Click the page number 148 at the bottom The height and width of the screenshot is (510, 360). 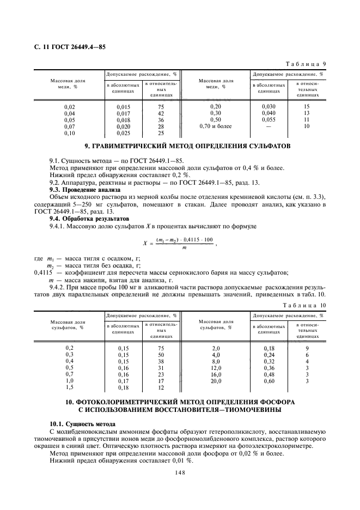pos(180,473)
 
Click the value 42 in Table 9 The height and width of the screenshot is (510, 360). pos(161,113)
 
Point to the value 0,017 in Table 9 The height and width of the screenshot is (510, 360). pos(124,113)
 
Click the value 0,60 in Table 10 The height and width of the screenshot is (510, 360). pos(269,381)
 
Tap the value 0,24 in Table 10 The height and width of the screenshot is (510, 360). pos(269,354)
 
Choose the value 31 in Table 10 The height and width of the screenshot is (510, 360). pos(161,368)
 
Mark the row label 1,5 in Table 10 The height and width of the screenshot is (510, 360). pos(70,387)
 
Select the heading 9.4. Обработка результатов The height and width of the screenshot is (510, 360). pos(85,217)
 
